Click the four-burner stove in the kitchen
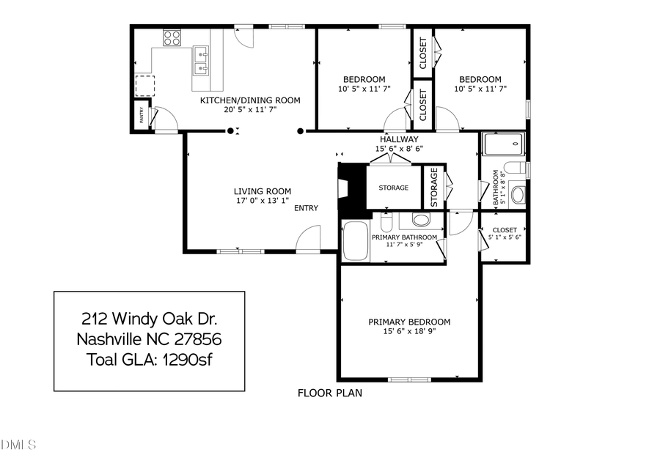click(x=172, y=37)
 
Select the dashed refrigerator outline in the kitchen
click(x=144, y=86)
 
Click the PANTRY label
click(x=139, y=116)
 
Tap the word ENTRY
click(x=306, y=208)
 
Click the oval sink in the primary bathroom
click(x=422, y=220)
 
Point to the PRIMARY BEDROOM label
click(x=409, y=322)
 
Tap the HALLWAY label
click(x=399, y=139)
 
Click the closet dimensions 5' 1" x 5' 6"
click(x=505, y=238)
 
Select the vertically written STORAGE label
click(x=434, y=188)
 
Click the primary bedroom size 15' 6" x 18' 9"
click(x=409, y=331)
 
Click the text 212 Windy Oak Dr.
click(x=149, y=319)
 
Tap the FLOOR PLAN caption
click(x=329, y=393)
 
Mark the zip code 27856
click(x=197, y=340)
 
